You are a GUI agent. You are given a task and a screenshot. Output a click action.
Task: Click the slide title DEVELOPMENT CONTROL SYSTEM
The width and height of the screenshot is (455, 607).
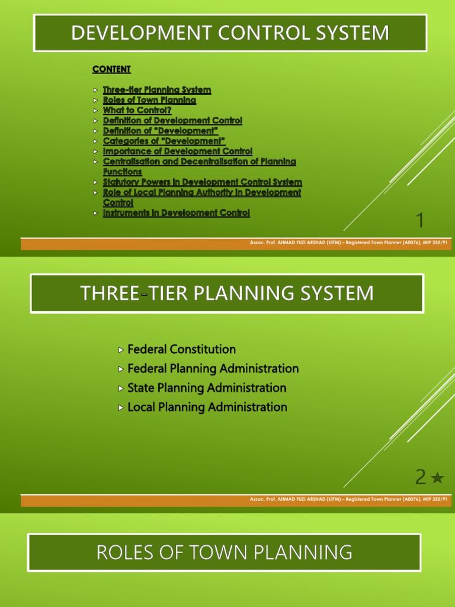pyautogui.click(x=230, y=33)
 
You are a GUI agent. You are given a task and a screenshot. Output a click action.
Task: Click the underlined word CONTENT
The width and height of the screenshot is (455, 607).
pyautogui.click(x=111, y=69)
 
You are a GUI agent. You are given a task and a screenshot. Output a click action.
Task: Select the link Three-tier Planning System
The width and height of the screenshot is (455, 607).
pyautogui.click(x=157, y=90)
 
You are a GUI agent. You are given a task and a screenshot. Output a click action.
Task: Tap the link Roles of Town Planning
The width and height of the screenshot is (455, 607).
pyautogui.click(x=149, y=100)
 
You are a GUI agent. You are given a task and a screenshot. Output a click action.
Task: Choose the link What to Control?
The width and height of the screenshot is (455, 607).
pyautogui.click(x=137, y=110)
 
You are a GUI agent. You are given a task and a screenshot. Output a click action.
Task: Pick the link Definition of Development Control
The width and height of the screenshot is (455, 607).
pyautogui.click(x=172, y=120)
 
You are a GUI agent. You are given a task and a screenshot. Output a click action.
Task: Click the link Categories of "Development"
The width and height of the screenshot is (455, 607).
pyautogui.click(x=164, y=141)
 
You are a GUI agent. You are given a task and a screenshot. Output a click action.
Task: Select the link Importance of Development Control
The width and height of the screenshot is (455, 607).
pyautogui.click(x=178, y=151)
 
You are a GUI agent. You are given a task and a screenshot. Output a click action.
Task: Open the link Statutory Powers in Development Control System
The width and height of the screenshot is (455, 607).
pyautogui.click(x=202, y=182)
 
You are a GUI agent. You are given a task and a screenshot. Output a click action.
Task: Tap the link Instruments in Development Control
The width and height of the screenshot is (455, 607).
pyautogui.click(x=177, y=213)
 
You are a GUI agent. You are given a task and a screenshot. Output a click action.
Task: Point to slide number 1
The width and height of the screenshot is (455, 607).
pyautogui.click(x=420, y=221)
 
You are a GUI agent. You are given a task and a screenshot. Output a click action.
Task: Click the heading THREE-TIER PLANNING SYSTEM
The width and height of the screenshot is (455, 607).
pyautogui.click(x=227, y=293)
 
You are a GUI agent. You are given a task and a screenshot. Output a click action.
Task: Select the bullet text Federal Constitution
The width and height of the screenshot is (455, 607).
pyautogui.click(x=181, y=349)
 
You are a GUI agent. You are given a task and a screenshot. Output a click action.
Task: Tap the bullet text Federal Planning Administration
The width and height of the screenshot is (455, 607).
pyautogui.click(x=213, y=369)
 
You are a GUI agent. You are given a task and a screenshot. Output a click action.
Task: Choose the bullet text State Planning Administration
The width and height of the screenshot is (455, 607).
pyautogui.click(x=207, y=388)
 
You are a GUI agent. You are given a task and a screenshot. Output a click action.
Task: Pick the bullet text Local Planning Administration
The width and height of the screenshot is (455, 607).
pyautogui.click(x=207, y=407)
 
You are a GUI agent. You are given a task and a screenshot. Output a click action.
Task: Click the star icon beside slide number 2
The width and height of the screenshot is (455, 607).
pyautogui.click(x=437, y=478)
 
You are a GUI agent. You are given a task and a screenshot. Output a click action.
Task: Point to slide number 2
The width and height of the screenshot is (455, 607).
pyautogui.click(x=421, y=477)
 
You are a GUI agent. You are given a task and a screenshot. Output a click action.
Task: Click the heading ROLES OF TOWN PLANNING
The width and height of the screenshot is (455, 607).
pyautogui.click(x=225, y=552)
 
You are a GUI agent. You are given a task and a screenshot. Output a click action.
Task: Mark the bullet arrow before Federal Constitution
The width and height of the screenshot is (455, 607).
pyautogui.click(x=122, y=350)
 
